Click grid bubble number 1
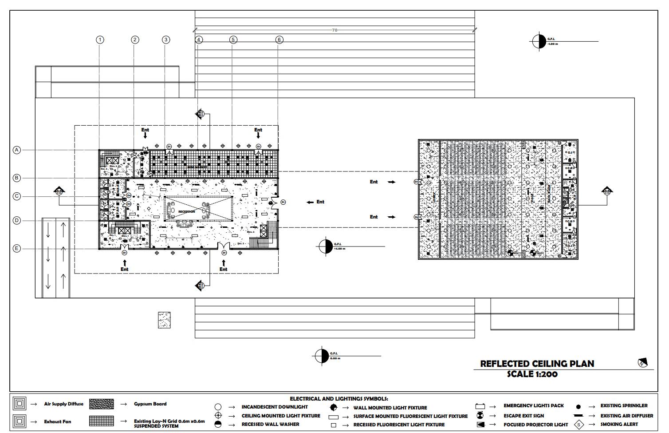coord(100,40)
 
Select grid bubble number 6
coord(279,40)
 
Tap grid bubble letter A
coord(16,150)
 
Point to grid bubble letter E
coord(16,249)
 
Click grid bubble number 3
coord(166,40)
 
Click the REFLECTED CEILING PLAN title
coord(537,364)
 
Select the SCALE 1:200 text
coord(532,374)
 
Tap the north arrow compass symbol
coord(642,362)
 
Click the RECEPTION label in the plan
coord(187,212)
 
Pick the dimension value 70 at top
coord(334,30)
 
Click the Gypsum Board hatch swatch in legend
coord(101,404)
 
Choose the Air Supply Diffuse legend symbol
coord(20,404)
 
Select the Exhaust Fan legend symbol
coord(20,421)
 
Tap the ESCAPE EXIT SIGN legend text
coord(523,416)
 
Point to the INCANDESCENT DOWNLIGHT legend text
coord(275,407)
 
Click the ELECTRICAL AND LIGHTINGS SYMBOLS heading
coord(339,399)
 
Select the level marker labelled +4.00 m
coord(326,246)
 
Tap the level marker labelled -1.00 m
coord(539,41)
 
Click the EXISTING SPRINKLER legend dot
coord(578,406)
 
